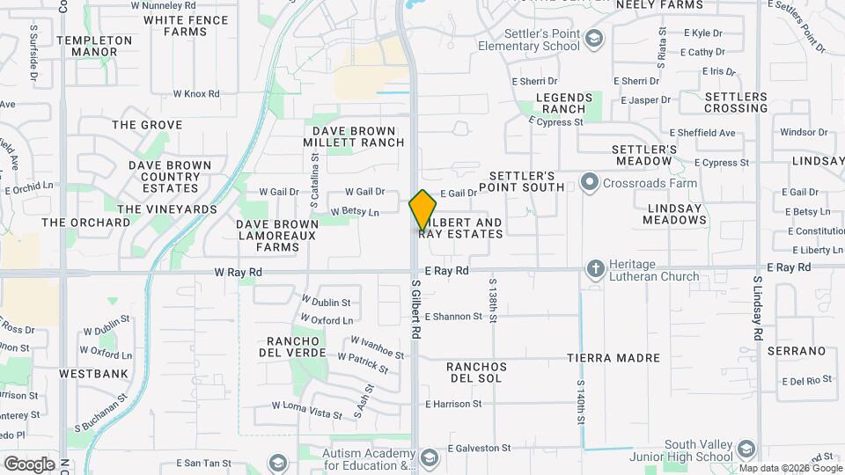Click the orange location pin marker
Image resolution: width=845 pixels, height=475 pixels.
pyautogui.click(x=422, y=209)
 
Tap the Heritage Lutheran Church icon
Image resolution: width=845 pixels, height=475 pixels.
pyautogui.click(x=595, y=268)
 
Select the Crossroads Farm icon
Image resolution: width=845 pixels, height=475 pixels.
pyautogui.click(x=588, y=183)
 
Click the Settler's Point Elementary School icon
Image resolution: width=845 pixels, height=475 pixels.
pyautogui.click(x=595, y=38)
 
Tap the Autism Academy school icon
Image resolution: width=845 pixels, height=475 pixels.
pyautogui.click(x=429, y=457)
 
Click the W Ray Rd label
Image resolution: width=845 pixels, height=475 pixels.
pyautogui.click(x=239, y=274)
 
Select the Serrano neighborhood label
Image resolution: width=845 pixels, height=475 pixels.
pyautogui.click(x=797, y=351)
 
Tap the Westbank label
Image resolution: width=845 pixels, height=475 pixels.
pyautogui.click(x=94, y=374)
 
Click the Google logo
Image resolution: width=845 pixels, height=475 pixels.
pyautogui.click(x=29, y=464)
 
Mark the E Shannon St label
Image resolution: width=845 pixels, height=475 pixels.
pyautogui.click(x=453, y=317)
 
